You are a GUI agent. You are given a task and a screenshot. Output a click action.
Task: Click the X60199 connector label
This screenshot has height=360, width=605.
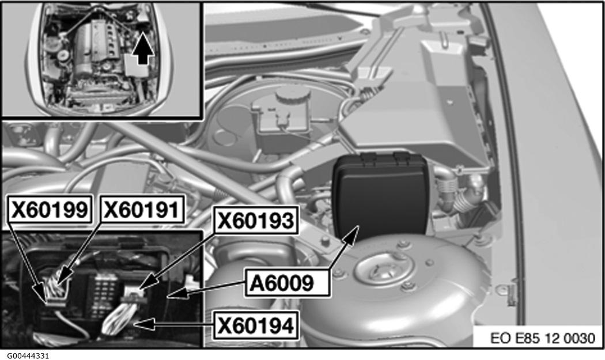point(50,210)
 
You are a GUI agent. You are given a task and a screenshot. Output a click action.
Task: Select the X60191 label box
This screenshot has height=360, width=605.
point(142,210)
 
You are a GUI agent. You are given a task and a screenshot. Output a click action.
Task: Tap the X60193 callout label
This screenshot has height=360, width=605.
point(256,221)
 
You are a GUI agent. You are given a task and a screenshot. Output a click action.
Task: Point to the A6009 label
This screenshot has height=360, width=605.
point(287,283)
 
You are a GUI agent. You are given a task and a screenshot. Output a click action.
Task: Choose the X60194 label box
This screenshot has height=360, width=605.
point(256,325)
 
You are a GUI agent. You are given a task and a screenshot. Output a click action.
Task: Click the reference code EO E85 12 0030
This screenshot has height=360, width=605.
point(543,338)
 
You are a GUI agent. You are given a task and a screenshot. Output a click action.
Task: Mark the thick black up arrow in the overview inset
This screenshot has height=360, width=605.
point(143,48)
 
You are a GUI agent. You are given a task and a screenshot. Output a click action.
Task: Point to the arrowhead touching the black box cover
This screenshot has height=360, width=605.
point(351,234)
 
